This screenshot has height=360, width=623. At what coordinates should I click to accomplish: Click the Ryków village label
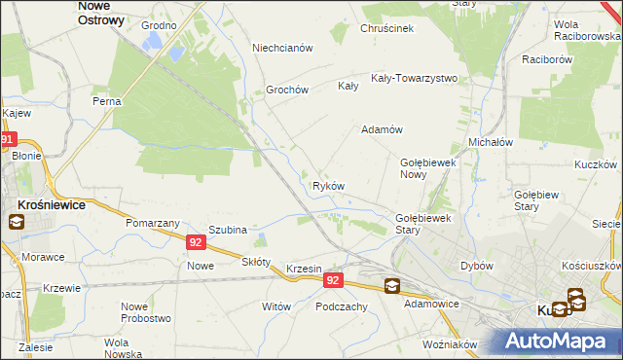tap(328, 186)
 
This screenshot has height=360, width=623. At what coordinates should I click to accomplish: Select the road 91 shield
tap(8, 140)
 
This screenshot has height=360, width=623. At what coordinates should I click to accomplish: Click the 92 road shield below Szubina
tap(196, 242)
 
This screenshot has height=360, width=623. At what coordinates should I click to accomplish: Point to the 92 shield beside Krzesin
tap(333, 280)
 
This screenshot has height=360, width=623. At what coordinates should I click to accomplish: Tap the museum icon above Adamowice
tap(391, 285)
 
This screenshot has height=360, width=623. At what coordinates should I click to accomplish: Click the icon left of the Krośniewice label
tap(16, 222)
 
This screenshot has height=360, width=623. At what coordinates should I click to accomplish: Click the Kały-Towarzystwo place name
tap(414, 78)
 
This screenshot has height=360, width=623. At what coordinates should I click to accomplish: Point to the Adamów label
tap(382, 129)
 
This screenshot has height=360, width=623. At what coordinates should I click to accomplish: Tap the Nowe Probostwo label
tap(146, 312)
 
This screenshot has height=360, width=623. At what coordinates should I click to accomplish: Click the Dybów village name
tap(477, 266)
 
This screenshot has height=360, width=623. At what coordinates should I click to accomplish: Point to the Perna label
tap(105, 101)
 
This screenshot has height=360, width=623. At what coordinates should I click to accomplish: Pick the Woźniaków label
tap(450, 344)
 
